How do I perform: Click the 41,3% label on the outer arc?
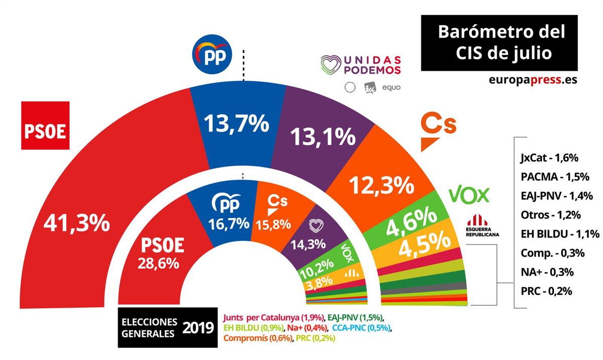click(x=76, y=223)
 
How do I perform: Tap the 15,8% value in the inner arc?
click(x=272, y=223)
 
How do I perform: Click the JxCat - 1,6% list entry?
click(x=549, y=158)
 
